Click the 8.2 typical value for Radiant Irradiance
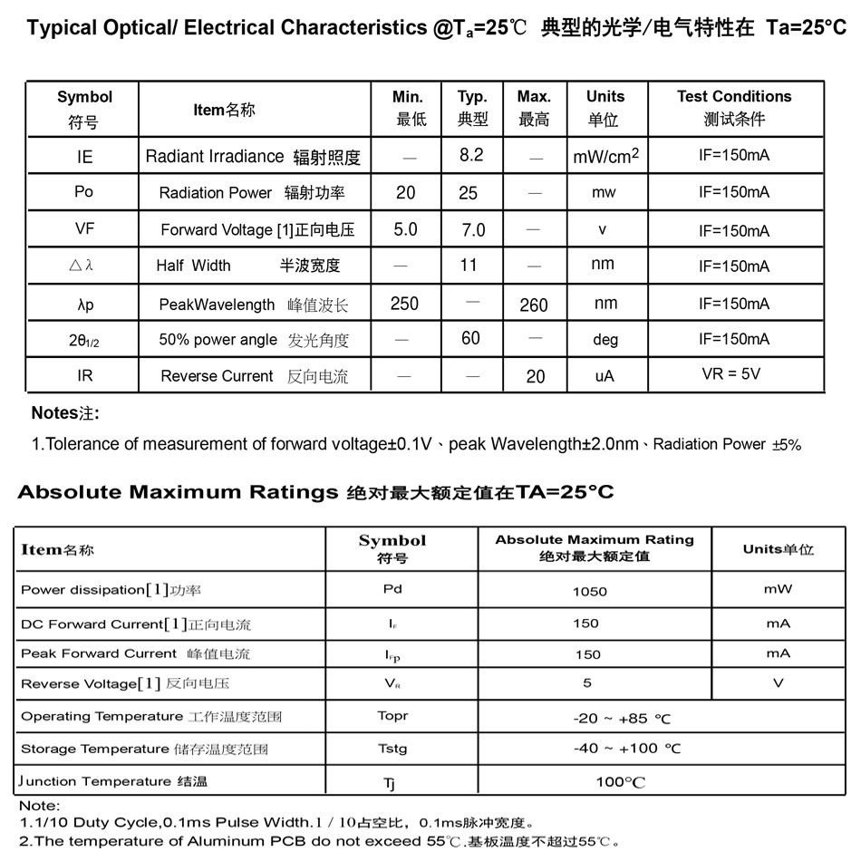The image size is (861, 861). click(471, 155)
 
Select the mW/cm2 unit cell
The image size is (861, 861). click(605, 157)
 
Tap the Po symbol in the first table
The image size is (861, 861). click(84, 192)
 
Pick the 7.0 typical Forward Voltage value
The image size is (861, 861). click(473, 230)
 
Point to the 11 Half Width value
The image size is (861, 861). click(469, 266)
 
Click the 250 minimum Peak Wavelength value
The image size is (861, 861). click(404, 304)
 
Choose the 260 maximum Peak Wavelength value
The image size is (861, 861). click(534, 305)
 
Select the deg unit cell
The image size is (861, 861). click(605, 340)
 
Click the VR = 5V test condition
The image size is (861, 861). click(731, 373)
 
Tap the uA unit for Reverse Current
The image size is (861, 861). click(605, 376)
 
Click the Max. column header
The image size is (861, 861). click(534, 107)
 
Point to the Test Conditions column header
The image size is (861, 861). click(733, 107)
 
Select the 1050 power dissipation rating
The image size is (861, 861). click(590, 591)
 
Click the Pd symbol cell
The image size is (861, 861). click(392, 589)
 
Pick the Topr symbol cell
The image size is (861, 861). click(392, 716)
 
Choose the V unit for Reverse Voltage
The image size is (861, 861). click(778, 683)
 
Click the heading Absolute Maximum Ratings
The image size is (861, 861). click(178, 493)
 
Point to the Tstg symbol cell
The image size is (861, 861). click(392, 749)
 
